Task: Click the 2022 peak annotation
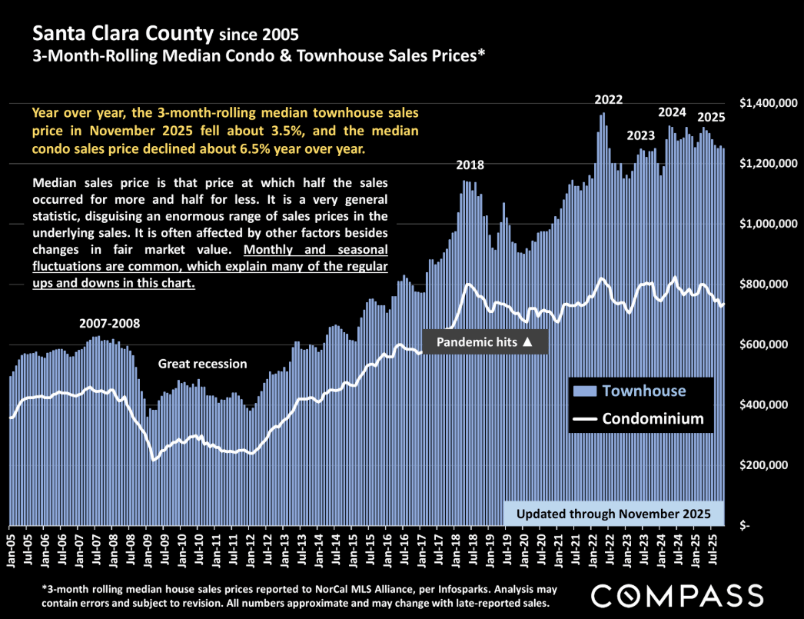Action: point(609,100)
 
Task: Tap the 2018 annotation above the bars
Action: point(470,165)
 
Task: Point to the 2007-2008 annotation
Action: point(111,323)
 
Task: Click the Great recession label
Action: point(203,364)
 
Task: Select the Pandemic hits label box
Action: point(485,341)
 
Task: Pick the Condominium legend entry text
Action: point(653,419)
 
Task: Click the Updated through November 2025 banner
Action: point(614,514)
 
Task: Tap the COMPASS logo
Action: point(677,594)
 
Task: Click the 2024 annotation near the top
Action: point(672,112)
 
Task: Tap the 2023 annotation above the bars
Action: point(640,135)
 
